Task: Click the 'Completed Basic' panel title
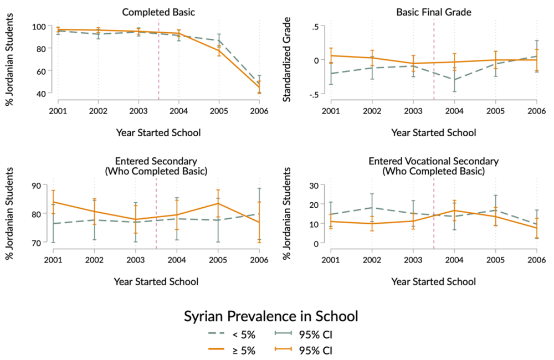click(158, 11)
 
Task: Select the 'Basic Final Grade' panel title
click(433, 11)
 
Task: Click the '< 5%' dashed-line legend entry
click(223, 335)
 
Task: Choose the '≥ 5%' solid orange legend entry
click(223, 350)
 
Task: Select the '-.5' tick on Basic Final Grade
click(314, 94)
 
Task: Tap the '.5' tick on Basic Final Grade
click(315, 27)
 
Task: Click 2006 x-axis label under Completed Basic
click(259, 111)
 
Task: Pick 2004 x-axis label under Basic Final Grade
click(454, 111)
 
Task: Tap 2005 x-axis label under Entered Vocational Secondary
click(495, 259)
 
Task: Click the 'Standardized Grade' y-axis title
click(288, 60)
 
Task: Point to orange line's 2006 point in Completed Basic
click(259, 88)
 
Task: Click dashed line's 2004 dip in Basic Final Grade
click(454, 79)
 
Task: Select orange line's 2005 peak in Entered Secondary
click(218, 203)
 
